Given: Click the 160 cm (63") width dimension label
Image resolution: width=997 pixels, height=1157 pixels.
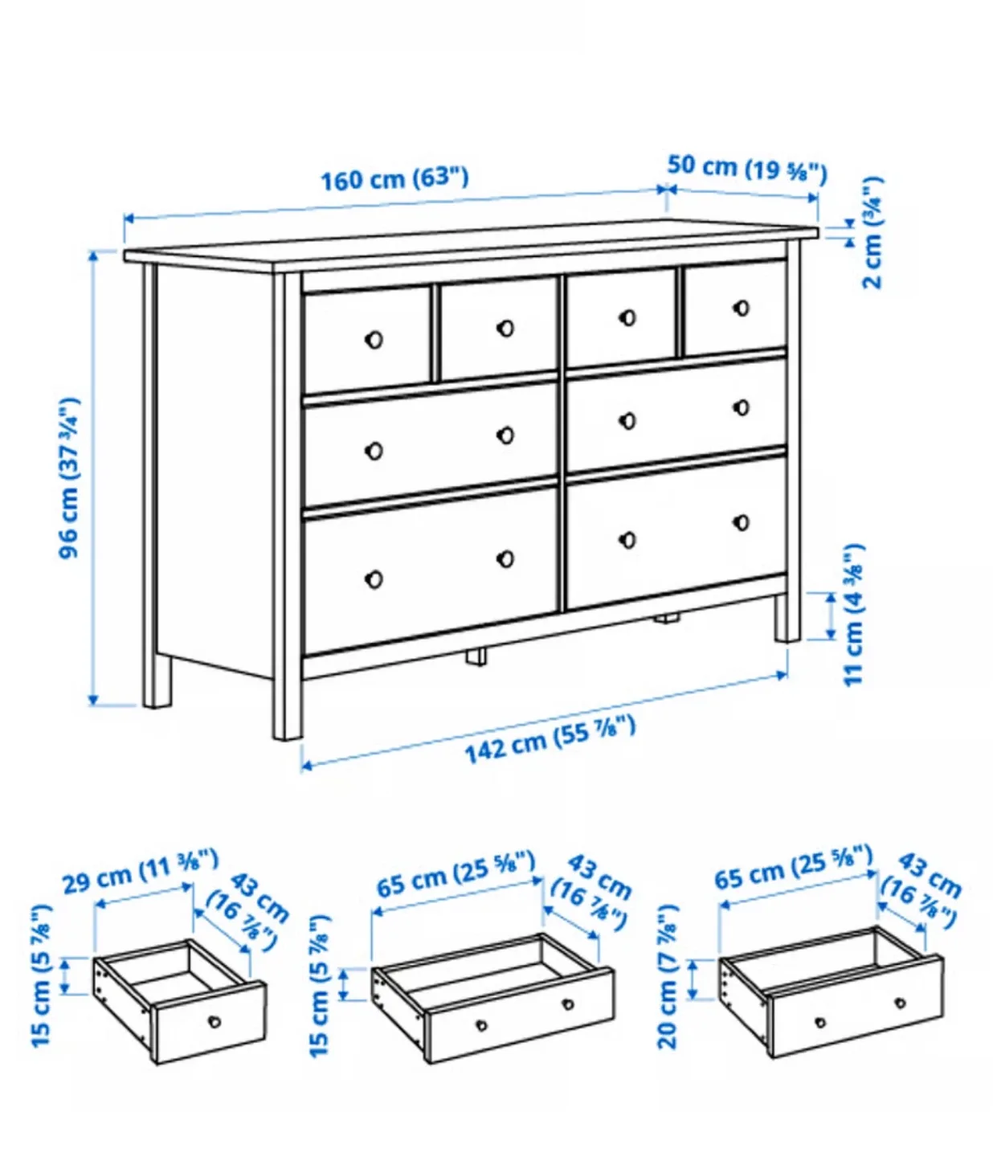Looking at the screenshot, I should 394,178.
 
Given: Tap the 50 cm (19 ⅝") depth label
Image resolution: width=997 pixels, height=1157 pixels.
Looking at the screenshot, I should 746,168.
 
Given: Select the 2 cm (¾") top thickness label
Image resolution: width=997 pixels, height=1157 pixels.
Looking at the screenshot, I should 873,233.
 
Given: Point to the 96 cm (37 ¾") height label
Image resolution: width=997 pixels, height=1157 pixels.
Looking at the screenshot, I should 71,477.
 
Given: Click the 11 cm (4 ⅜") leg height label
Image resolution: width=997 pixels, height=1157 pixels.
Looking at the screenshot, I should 854,615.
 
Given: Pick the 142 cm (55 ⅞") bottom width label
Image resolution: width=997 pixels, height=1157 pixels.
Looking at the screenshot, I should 550,740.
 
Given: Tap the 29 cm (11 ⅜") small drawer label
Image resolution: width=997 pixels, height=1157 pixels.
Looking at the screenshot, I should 141,872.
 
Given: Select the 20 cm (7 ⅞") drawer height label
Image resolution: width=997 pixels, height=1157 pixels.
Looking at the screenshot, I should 668,976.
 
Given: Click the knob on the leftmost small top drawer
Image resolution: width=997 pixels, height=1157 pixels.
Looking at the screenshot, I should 374,340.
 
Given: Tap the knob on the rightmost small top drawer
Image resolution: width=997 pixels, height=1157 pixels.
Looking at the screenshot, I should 742,308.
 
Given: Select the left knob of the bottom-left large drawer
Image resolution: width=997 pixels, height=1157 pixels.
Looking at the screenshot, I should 374,578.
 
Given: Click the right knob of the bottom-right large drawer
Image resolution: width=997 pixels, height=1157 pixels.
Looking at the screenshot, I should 742,523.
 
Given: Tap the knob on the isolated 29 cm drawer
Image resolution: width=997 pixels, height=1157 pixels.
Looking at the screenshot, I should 215,1021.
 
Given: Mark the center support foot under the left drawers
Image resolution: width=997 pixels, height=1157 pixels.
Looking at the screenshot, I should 476,656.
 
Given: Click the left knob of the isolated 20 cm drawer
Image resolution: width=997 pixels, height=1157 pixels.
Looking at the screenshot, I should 820,1023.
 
